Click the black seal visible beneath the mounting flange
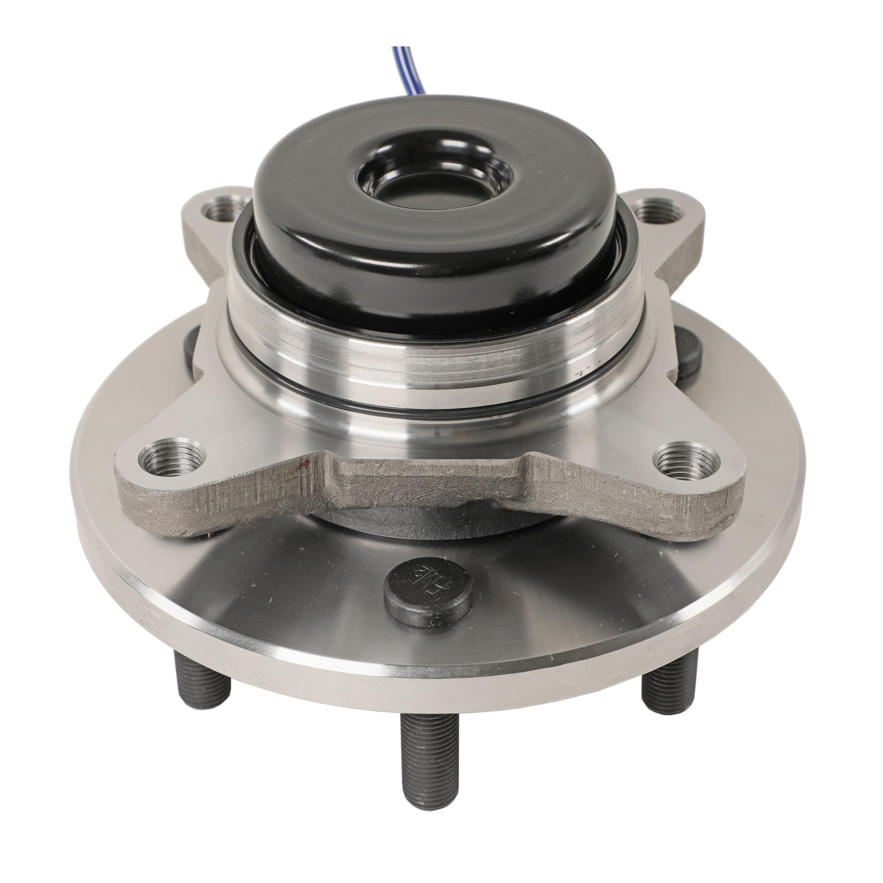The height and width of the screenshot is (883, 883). tap(425, 525)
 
